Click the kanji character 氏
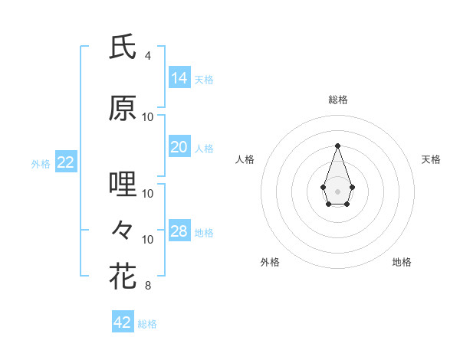[123, 47]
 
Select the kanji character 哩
[123, 185]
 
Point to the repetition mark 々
[123, 229]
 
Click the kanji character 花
[123, 275]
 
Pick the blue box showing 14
[179, 77]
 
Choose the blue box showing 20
[179, 146]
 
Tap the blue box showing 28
[179, 231]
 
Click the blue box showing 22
[66, 162]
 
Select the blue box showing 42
[123, 322]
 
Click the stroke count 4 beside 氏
[148, 56]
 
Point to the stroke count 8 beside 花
[148, 286]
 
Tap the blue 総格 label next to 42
[147, 324]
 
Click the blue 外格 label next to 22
[41, 163]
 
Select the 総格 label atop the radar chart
[337, 100]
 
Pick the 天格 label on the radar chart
[432, 159]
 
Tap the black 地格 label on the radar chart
[402, 262]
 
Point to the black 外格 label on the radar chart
[270, 262]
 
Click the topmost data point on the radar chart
[337, 145]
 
